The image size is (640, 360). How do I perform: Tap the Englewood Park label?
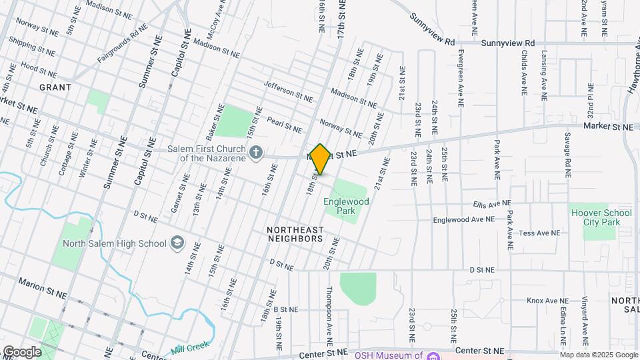pos(340,205)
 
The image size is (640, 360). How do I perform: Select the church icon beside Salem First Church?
pos(255,154)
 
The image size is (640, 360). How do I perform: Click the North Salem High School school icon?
pos(177,243)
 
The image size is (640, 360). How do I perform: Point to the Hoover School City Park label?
pos(601,218)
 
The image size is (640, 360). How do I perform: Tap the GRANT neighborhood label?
pos(55,87)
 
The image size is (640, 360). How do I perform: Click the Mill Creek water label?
pos(190,346)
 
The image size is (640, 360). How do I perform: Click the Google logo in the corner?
pos(21,352)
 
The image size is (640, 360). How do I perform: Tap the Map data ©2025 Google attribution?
pos(598,355)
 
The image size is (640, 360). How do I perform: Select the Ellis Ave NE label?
pos(492,203)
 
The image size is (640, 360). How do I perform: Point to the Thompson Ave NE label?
pos(328,311)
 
